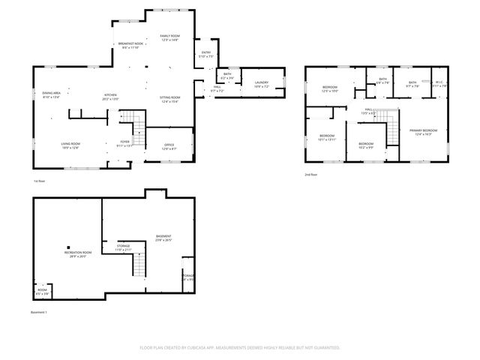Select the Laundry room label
point(262,84)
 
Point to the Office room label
point(169,146)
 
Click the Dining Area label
point(51,94)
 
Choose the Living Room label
point(70,145)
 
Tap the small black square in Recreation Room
point(68,247)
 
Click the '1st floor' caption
point(40,181)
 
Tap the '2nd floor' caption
point(311,175)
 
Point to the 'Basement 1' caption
point(39,311)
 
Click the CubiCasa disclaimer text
point(240,347)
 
